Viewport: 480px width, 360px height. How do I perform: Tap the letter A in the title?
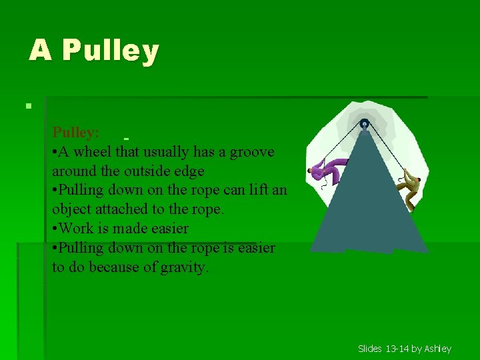(40, 50)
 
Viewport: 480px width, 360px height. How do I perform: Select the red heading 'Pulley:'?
(76, 133)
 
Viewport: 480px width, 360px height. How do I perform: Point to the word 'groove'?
(252, 152)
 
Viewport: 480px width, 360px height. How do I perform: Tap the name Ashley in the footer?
(438, 349)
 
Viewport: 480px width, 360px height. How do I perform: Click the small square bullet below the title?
(27, 105)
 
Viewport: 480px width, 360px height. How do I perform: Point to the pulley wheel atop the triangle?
(364, 123)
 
